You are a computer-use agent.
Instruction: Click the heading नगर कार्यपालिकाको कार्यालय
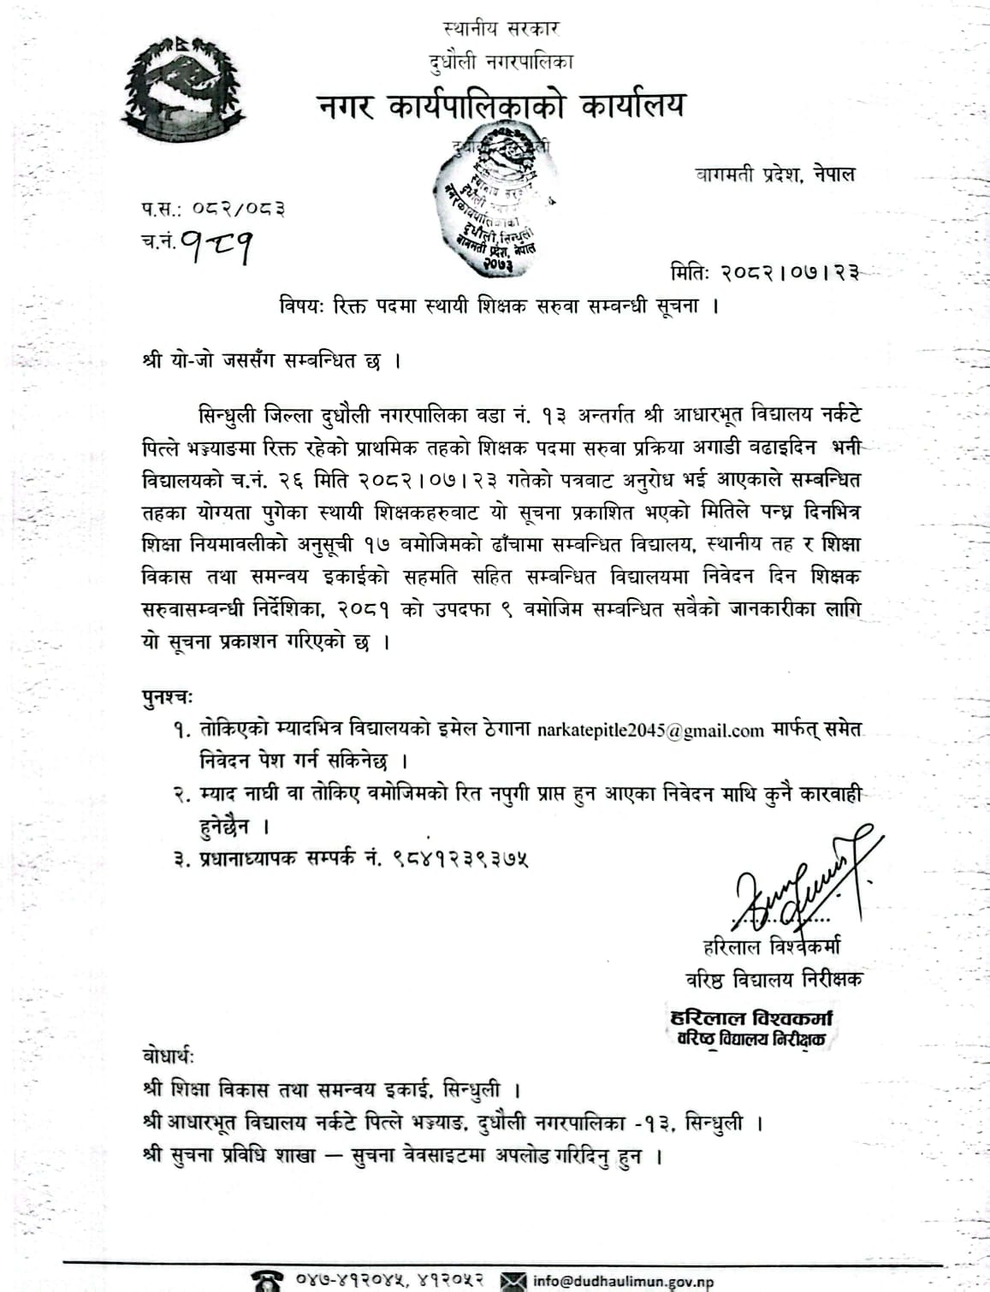[500, 107]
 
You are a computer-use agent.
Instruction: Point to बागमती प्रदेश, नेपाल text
[775, 175]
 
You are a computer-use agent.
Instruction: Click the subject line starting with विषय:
[497, 305]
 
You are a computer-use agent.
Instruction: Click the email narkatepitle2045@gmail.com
[650, 731]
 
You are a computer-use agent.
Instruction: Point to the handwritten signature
[795, 886]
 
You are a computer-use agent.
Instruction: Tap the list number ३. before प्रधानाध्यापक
[180, 859]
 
